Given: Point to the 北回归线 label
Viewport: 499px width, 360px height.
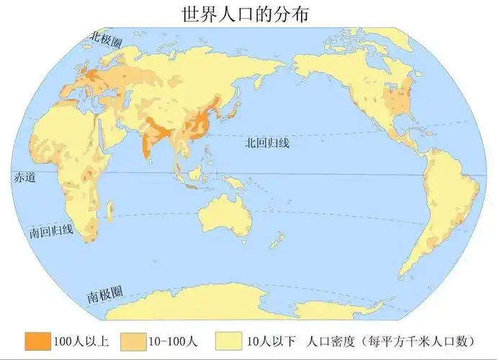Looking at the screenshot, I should coord(266,143).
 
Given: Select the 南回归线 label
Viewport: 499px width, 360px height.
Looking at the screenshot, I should coord(51,232).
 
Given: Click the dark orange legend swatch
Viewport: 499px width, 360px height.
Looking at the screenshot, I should coord(38,341).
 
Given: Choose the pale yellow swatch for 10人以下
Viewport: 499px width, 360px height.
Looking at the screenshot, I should coord(228,341).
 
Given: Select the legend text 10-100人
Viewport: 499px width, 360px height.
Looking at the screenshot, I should coord(176,341).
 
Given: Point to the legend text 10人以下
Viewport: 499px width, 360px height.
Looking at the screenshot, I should coord(269,341).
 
